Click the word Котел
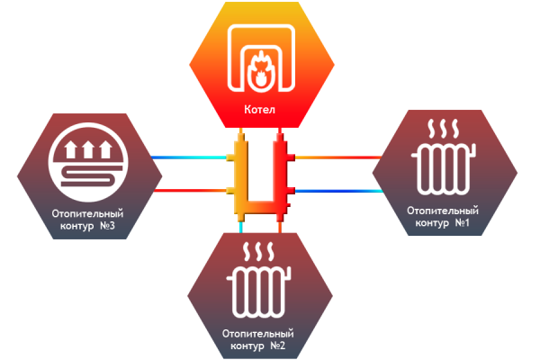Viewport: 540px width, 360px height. coord(260,111)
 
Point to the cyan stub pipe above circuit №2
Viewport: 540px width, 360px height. coord(242,229)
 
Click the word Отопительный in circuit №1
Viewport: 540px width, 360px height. coord(442,210)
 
